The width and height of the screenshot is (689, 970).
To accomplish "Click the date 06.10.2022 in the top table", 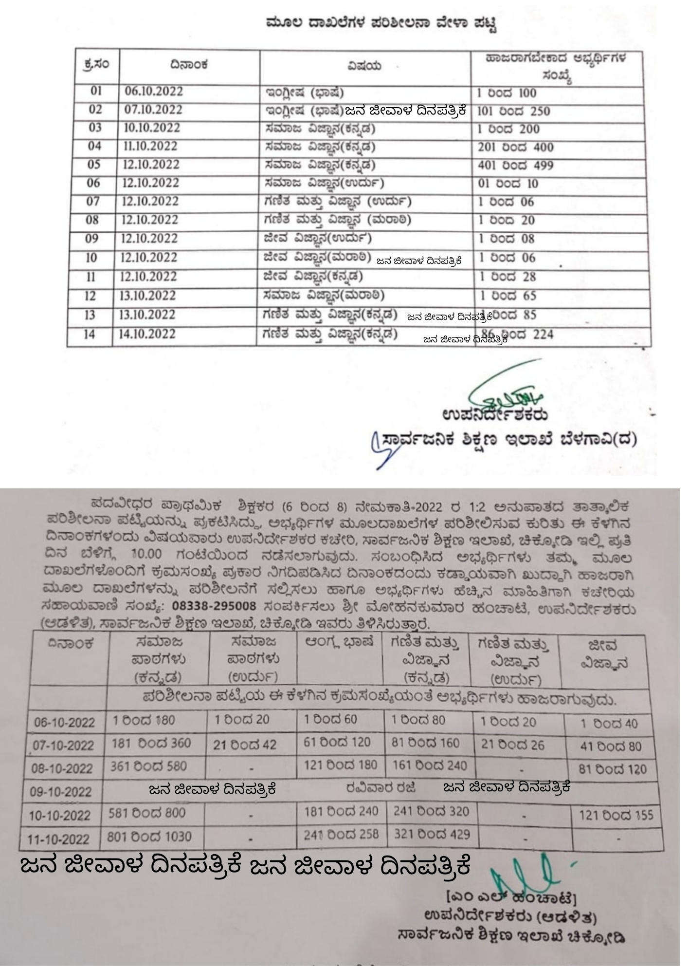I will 153,92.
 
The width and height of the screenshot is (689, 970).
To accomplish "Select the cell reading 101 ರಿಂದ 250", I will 513,112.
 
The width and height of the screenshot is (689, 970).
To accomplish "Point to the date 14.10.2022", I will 148,335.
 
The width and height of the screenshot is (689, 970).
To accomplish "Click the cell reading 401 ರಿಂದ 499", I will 515,166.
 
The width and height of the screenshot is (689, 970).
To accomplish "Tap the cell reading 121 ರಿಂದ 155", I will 616,816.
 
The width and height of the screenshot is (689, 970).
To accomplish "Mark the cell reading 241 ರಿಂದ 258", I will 341,835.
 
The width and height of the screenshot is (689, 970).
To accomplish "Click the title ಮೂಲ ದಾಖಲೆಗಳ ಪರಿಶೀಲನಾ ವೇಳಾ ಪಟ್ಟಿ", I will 382,23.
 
